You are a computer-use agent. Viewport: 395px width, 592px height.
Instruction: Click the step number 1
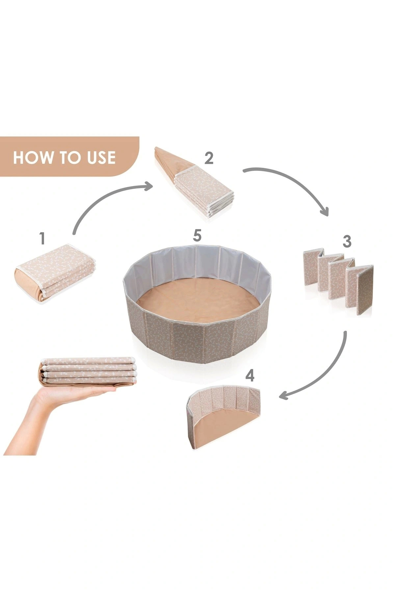point(42,238)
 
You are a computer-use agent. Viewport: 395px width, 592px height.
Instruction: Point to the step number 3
point(347,241)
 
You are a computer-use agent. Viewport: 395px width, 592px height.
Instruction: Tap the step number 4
point(250,375)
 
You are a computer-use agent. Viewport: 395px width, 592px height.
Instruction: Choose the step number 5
point(197,235)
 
